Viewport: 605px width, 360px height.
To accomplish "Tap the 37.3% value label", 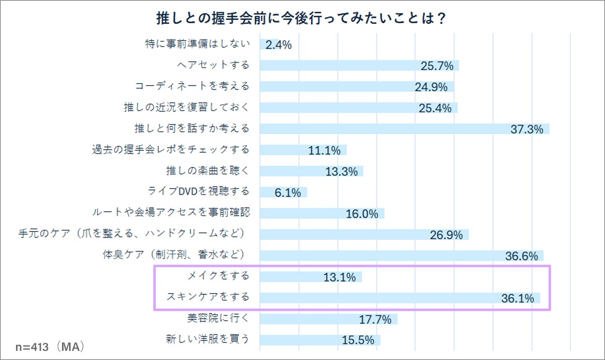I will (x=527, y=130).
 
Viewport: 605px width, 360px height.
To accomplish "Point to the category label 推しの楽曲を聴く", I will (x=208, y=170).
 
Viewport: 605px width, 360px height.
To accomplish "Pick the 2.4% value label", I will (x=279, y=45).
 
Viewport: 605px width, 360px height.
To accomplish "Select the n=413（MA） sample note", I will (x=49, y=347).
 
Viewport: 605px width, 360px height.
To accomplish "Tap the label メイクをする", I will (x=218, y=276).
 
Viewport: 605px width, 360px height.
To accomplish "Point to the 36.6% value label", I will (x=522, y=256).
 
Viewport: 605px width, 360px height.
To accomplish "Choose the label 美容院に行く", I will (x=218, y=318).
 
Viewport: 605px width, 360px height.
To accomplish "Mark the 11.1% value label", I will (x=324, y=150).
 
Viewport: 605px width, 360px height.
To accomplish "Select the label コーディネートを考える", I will (x=192, y=86).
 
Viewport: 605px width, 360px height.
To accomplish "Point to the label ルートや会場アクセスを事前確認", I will (x=171, y=212).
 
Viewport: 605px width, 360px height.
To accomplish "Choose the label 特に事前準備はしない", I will (x=197, y=44).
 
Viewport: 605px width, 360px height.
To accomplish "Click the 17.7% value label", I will (x=376, y=319).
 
